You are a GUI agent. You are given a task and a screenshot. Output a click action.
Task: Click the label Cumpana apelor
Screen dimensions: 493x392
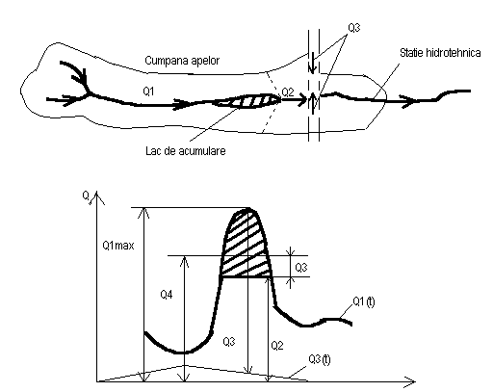point(182,61)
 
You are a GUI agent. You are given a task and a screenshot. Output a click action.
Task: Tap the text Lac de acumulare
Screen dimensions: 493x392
point(186,151)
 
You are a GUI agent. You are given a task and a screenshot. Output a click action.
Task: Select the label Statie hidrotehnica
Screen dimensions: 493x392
point(440,53)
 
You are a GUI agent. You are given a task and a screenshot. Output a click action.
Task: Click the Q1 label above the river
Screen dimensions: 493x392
point(148,91)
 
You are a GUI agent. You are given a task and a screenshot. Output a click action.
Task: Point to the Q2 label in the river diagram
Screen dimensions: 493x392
point(288,92)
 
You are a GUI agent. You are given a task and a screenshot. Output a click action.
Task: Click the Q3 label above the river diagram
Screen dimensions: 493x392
point(354,28)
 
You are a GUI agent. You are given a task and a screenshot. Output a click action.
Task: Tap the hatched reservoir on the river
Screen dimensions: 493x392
point(247,101)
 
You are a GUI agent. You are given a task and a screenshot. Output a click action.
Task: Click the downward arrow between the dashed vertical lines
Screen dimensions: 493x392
point(312,63)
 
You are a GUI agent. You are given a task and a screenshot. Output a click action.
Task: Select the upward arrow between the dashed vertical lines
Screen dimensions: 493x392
point(313,102)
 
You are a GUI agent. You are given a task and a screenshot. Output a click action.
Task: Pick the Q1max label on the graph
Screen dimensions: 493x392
point(118,246)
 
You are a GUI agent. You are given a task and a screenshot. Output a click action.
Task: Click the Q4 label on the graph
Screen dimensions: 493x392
point(167,295)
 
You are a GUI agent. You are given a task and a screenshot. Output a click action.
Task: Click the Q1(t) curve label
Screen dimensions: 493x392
point(364,301)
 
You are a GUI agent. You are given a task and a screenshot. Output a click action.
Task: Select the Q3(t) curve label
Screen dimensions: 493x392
point(320,359)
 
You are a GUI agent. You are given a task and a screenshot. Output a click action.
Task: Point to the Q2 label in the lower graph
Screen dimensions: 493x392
point(277,346)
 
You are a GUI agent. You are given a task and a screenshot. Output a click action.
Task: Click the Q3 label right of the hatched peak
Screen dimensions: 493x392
point(301,268)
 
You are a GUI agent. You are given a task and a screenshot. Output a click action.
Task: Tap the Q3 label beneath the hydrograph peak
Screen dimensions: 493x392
point(229,342)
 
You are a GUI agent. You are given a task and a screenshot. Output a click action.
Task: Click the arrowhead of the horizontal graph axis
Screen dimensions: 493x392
point(411,381)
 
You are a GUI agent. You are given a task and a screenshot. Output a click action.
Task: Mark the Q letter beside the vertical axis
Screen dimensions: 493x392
point(86,196)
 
